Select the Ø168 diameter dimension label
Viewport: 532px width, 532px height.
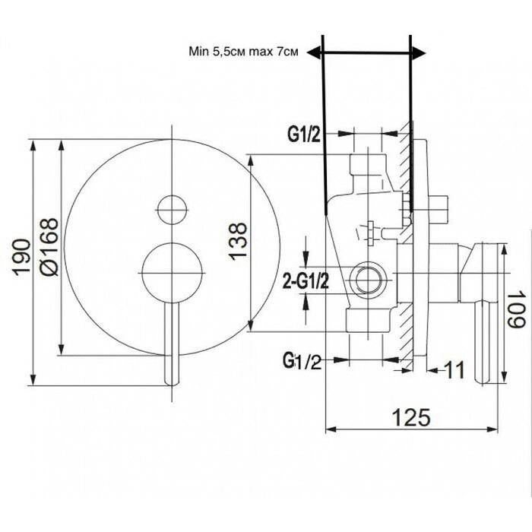[x=49, y=247]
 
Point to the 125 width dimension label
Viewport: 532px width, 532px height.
[x=411, y=417]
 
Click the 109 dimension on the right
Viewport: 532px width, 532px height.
[x=516, y=309]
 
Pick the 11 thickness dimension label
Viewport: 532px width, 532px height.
[x=454, y=370]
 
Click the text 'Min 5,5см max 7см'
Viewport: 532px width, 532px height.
[x=244, y=52]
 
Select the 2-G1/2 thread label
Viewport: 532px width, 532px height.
[x=306, y=281]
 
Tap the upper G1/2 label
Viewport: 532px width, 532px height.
[x=304, y=135]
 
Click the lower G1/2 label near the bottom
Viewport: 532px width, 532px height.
[x=302, y=361]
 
